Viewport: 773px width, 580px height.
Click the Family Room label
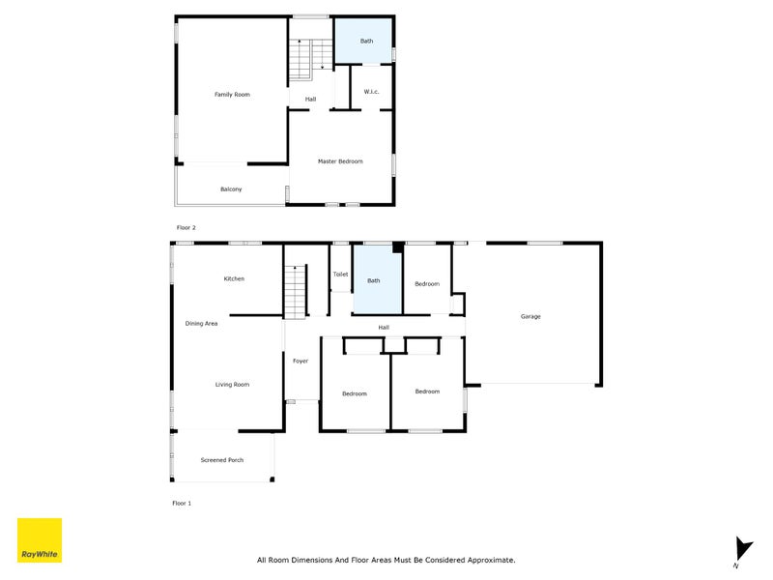pos(232,95)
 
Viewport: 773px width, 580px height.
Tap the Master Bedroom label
pos(340,161)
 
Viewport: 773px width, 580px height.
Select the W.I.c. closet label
pos(371,92)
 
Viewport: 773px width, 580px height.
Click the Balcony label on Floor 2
pos(231,189)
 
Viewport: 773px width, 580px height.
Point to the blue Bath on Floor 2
pos(365,41)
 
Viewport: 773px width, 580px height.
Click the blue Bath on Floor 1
pos(375,281)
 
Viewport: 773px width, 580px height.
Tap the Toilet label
pos(340,275)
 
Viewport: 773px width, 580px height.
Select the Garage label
pos(530,316)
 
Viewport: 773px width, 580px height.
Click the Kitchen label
pos(234,278)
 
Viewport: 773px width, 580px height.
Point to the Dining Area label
pos(202,324)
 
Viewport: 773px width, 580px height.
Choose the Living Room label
pos(232,385)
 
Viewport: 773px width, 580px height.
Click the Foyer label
pos(301,361)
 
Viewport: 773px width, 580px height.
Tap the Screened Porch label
pos(222,460)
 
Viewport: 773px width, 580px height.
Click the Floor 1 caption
pos(183,504)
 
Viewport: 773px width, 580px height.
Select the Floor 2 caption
pos(186,227)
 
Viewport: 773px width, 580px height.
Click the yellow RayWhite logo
pos(40,540)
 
